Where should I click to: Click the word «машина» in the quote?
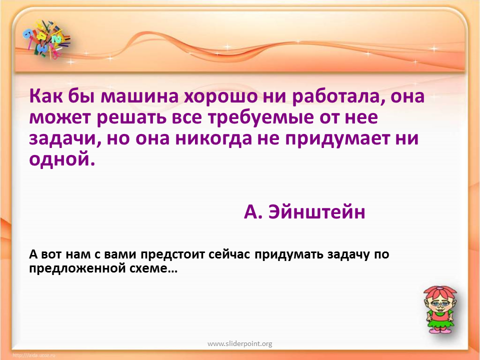[140, 96]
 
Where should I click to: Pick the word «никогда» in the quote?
[213, 138]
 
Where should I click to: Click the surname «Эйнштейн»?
[317, 211]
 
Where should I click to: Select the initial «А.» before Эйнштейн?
[253, 212]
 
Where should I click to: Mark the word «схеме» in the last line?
[149, 269]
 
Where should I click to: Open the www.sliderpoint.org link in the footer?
[239, 344]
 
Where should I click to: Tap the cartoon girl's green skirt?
[440, 323]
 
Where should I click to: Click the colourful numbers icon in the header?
[46, 39]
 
